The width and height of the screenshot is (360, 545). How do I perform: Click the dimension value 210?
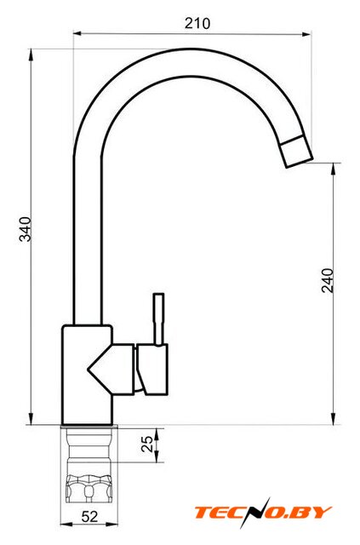click(x=197, y=24)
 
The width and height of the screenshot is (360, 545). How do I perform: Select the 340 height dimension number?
click(x=25, y=229)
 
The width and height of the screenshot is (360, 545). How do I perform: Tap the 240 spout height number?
click(x=327, y=280)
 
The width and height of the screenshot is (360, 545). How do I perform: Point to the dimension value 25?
click(x=147, y=444)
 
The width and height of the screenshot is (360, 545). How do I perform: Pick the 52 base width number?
click(x=89, y=517)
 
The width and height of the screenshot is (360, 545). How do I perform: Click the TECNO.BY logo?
click(x=263, y=513)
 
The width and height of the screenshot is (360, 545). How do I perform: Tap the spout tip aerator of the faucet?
click(x=296, y=152)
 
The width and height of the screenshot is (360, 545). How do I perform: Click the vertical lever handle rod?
click(x=159, y=319)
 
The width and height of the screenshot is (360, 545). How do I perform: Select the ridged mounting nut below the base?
click(x=89, y=489)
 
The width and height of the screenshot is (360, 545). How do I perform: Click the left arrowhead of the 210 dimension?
click(x=77, y=34)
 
